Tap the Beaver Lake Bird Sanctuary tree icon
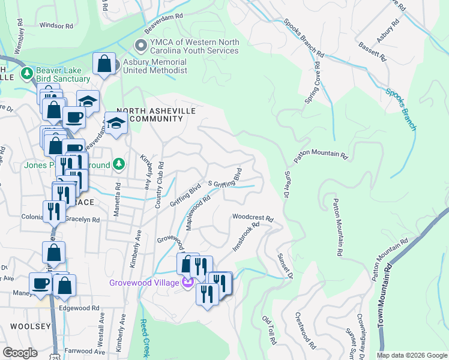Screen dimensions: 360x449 [26, 74]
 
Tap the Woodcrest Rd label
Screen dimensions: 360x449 [253, 217]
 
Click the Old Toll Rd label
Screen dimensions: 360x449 [269, 330]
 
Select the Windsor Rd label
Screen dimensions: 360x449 [56, 26]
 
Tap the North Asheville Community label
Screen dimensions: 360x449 [149, 115]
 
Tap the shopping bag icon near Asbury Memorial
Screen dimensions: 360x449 [104, 64]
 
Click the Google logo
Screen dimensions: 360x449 [20, 353]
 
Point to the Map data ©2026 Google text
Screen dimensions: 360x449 [411, 355]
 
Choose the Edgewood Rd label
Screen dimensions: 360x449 [79, 308]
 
